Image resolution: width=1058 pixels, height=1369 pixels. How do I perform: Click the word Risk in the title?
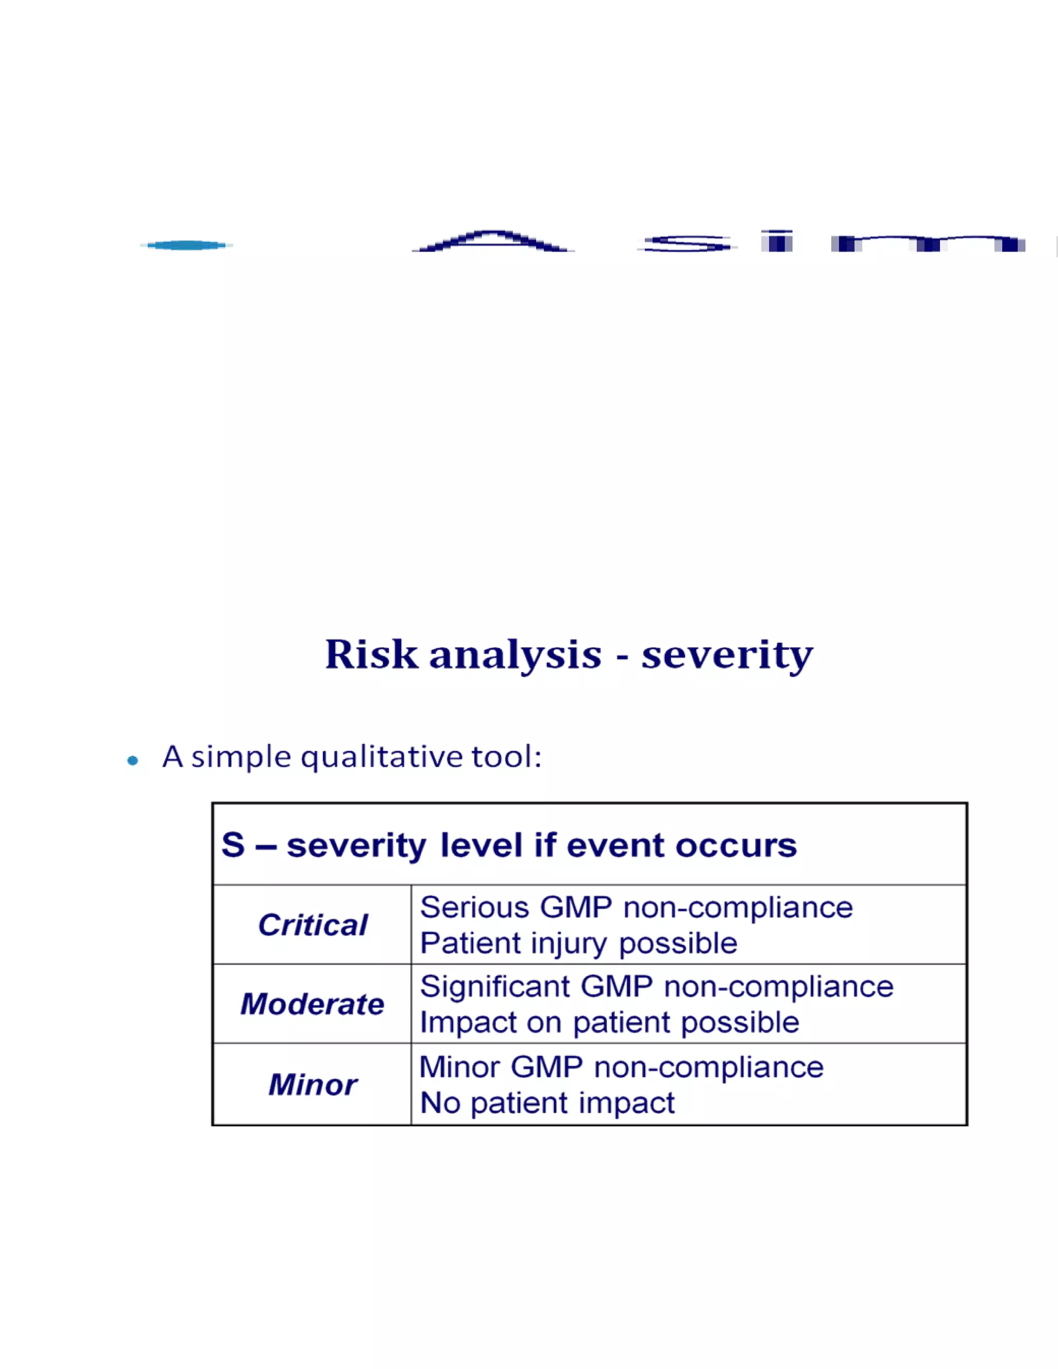(x=371, y=655)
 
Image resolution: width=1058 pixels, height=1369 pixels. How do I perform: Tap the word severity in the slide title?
(x=727, y=656)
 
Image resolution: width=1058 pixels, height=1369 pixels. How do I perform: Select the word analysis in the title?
(x=515, y=656)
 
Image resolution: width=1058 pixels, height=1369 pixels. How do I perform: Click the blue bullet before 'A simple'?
(x=132, y=761)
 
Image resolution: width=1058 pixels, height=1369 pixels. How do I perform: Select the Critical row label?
(x=312, y=925)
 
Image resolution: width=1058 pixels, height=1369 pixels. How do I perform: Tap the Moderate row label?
(x=312, y=1004)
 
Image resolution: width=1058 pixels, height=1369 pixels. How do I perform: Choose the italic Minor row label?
(x=312, y=1085)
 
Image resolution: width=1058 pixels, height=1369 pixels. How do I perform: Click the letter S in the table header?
(x=233, y=845)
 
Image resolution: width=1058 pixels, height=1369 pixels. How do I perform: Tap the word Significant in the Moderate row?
(x=494, y=987)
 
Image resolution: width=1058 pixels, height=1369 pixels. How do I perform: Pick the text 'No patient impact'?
(x=547, y=1103)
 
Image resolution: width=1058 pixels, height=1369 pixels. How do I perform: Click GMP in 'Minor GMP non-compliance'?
(x=547, y=1067)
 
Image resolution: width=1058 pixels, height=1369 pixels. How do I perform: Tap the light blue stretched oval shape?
(x=186, y=245)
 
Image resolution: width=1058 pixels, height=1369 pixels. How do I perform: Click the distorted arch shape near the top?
(x=493, y=241)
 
